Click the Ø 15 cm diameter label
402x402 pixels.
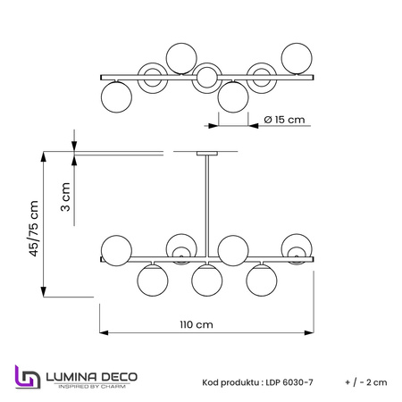click(x=284, y=120)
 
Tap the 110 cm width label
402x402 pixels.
click(x=197, y=324)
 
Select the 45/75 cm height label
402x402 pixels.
click(x=34, y=229)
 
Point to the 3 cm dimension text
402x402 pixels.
click(x=65, y=197)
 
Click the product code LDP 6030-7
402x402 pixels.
click(x=289, y=382)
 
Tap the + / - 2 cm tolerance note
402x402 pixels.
click(x=366, y=382)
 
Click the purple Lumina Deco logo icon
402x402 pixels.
click(x=28, y=377)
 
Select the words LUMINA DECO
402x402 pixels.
click(x=92, y=377)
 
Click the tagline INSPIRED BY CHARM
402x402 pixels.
click(x=92, y=387)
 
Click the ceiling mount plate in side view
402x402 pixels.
click(x=207, y=154)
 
